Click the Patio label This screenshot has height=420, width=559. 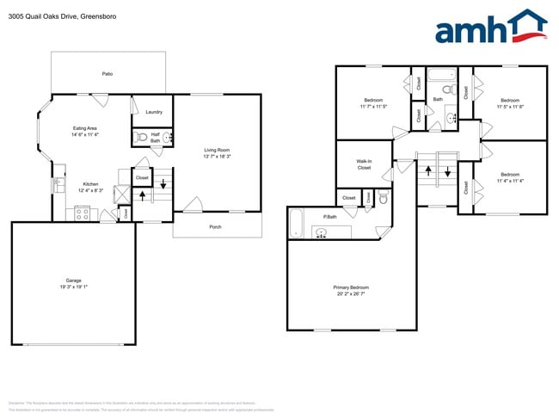(x=107, y=74)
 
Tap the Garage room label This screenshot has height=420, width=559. (x=73, y=281)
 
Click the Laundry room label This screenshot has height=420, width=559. (x=154, y=112)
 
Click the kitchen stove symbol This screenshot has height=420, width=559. (x=83, y=214)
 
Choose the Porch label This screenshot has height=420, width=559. (x=216, y=227)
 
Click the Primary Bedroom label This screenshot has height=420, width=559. (x=351, y=287)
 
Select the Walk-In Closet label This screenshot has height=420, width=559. (x=364, y=164)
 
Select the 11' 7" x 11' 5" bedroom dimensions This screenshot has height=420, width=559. (x=373, y=107)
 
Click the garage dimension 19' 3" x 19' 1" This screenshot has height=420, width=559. (x=73, y=287)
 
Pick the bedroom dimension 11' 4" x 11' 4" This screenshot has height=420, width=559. (x=511, y=181)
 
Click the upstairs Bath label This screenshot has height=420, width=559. (x=438, y=99)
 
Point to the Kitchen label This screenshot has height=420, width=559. (x=90, y=184)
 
